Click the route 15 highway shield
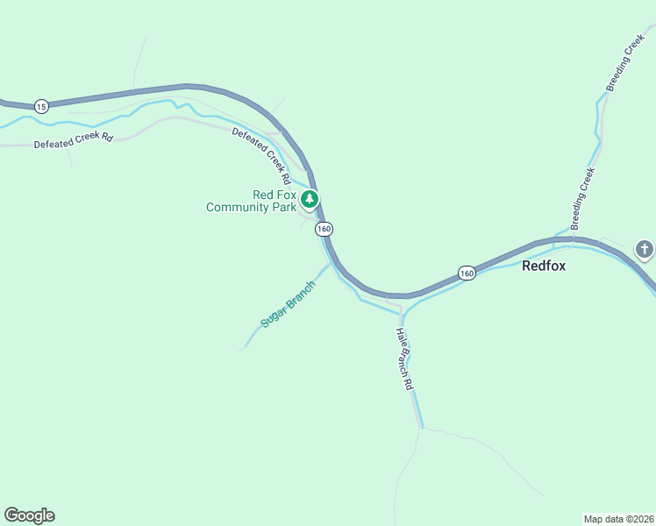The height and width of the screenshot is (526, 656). [41, 106]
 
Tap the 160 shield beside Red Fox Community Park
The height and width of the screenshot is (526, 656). [324, 229]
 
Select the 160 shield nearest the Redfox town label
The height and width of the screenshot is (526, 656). [467, 274]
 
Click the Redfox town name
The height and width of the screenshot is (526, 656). [544, 266]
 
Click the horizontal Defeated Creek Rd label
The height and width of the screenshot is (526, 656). [74, 140]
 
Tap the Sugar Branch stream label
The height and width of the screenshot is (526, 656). [288, 305]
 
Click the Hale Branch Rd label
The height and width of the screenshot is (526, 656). [404, 358]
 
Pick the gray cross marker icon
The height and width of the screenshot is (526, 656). [645, 250]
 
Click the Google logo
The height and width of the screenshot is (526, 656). [29, 515]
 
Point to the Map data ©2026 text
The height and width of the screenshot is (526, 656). [618, 518]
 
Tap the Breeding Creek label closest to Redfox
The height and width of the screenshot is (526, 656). [583, 199]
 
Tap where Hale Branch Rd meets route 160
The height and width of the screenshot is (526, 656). [402, 296]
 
